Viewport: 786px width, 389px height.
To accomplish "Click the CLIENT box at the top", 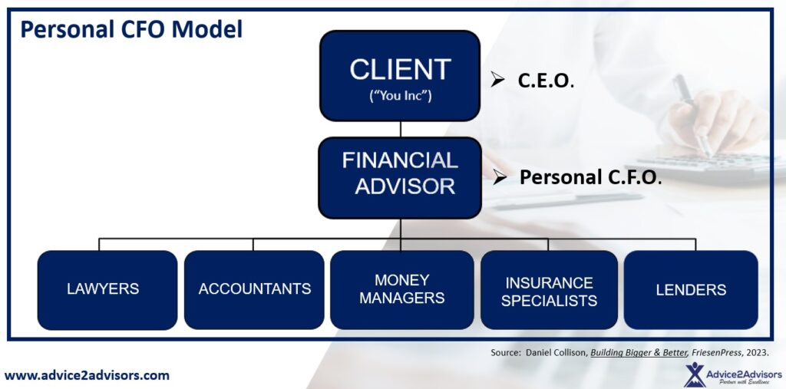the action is pyautogui.click(x=400, y=76).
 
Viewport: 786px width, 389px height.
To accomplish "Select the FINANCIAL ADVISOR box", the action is pyautogui.click(x=400, y=178).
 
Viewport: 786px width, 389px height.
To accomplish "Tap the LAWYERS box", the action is pyautogui.click(x=107, y=290).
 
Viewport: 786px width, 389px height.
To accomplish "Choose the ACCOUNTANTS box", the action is pyautogui.click(x=254, y=290).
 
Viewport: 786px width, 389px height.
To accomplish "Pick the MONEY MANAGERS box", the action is pyautogui.click(x=401, y=290).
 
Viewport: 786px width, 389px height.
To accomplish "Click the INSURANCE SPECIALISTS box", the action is pyautogui.click(x=549, y=290).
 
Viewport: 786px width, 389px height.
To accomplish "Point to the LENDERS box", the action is pyautogui.click(x=691, y=290).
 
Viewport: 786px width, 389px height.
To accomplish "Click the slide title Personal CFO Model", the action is pyautogui.click(x=131, y=29).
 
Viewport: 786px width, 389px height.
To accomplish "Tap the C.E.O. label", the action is pyautogui.click(x=546, y=81).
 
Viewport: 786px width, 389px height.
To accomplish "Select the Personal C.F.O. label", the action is pyautogui.click(x=590, y=177).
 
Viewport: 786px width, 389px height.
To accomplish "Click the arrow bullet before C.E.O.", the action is pyautogui.click(x=497, y=79).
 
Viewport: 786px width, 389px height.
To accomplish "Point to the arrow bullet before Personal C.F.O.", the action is pyautogui.click(x=499, y=176).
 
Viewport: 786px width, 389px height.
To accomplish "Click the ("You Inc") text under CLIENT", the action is pyautogui.click(x=400, y=96).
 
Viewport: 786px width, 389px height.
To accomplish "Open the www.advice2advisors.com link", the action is pyautogui.click(x=87, y=375).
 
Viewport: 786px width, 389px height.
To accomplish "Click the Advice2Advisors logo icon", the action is pyautogui.click(x=695, y=375).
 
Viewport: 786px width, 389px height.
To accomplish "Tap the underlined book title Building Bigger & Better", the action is pyautogui.click(x=638, y=352).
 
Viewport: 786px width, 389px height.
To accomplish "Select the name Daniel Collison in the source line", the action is pyautogui.click(x=556, y=352).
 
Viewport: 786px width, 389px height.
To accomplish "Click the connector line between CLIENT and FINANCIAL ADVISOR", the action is pyautogui.click(x=400, y=130).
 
